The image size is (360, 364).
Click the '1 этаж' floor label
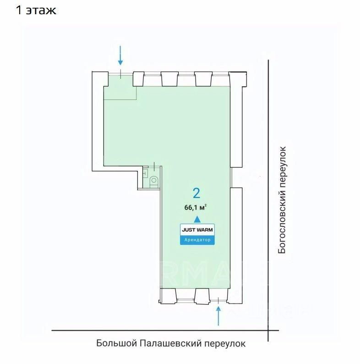pyautogui.click(x=36, y=10)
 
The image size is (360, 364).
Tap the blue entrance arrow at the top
pyautogui.click(x=120, y=56)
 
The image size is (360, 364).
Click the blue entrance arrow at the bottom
pyautogui.click(x=218, y=316)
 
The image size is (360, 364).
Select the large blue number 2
pyautogui.click(x=197, y=192)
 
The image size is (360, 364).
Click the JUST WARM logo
pyautogui.click(x=197, y=230)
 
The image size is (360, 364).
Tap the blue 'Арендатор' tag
pyautogui.click(x=197, y=239)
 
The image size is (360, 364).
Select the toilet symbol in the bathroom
pyautogui.click(x=154, y=180)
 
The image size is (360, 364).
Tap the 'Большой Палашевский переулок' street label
pyautogui.click(x=171, y=343)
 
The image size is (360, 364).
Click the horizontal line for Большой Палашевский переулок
pyautogui.click(x=160, y=330)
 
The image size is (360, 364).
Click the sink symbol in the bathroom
pyautogui.click(x=145, y=173)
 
